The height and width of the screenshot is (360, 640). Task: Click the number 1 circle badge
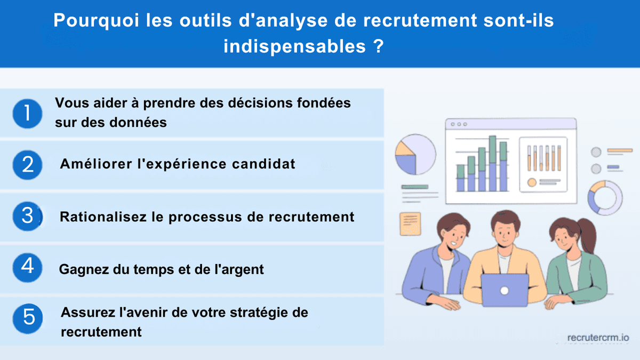click(27, 113)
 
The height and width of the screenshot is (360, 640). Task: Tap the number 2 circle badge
click(27, 164)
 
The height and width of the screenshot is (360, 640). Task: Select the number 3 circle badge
click(27, 216)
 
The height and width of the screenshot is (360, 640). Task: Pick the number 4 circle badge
click(27, 266)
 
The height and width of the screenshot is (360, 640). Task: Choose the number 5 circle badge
click(27, 318)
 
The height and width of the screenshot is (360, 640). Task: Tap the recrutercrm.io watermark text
click(598, 338)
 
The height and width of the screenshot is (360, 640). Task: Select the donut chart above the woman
click(605, 198)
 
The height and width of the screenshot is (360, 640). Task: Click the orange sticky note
click(410, 223)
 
